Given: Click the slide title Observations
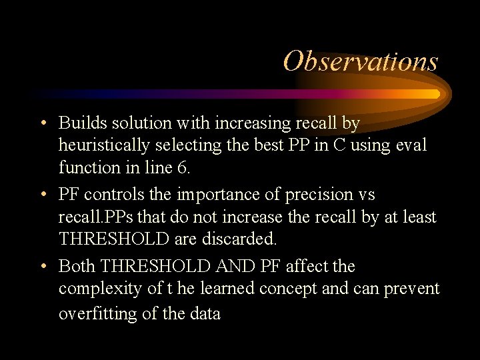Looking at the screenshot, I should click(x=361, y=61).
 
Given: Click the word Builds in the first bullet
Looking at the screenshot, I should click(x=79, y=123).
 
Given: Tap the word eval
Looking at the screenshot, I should click(x=409, y=145).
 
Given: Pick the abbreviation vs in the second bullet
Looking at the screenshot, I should click(x=366, y=195).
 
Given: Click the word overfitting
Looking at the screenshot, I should click(x=99, y=313).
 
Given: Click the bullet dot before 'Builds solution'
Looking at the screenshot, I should click(x=43, y=124).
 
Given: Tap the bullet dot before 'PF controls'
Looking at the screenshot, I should click(x=43, y=195).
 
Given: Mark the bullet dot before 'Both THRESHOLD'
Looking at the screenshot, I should click(x=43, y=267).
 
